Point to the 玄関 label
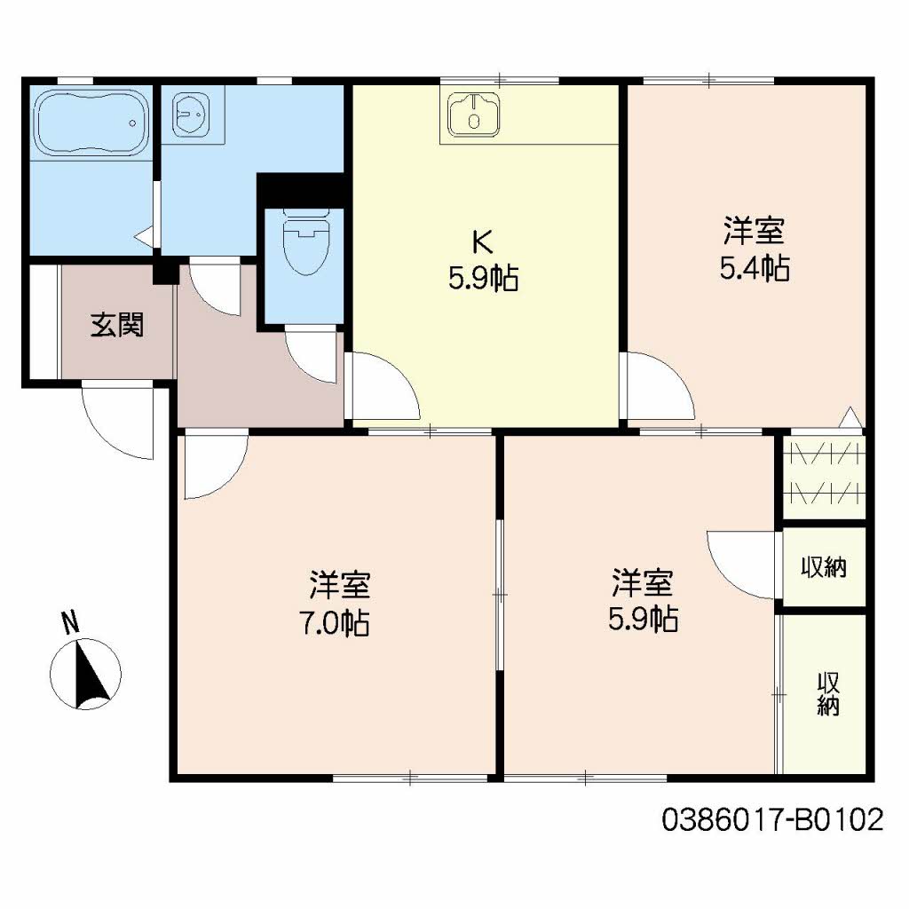[x=116, y=326]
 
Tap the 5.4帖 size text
[x=754, y=268]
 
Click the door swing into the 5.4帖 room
[x=657, y=383]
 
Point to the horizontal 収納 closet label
[x=823, y=568]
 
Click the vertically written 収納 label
[x=828, y=694]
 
